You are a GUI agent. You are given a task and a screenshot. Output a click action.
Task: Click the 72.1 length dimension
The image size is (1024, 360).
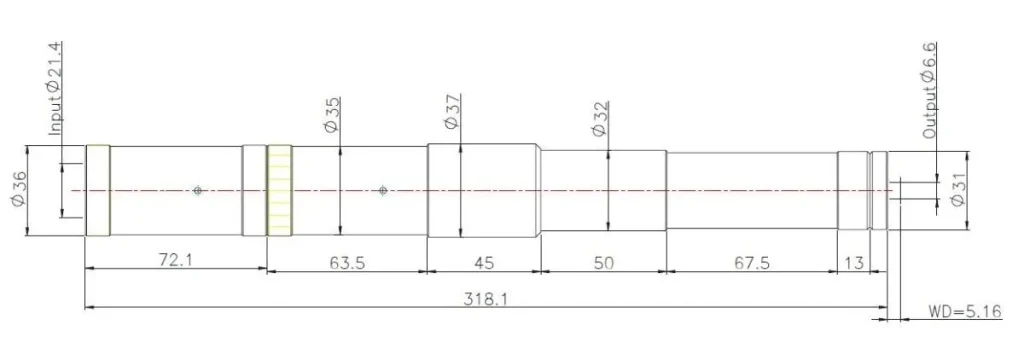(x=176, y=261)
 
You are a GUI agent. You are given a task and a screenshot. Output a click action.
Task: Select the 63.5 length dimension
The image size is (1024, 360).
(x=347, y=262)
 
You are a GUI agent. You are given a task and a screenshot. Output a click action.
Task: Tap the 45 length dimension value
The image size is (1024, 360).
(x=483, y=262)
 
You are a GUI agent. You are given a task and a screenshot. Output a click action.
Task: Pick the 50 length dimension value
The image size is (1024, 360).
(x=603, y=262)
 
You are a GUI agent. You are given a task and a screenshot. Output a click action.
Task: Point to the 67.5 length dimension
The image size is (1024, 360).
(x=752, y=262)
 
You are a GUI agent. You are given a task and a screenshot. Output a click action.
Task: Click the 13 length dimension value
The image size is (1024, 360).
(x=854, y=263)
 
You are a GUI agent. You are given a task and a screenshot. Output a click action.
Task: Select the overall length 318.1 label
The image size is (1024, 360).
(x=486, y=299)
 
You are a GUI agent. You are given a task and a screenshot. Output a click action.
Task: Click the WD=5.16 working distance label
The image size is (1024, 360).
(x=965, y=312)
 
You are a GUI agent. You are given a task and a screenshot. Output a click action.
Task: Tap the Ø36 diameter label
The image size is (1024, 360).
(x=19, y=190)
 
